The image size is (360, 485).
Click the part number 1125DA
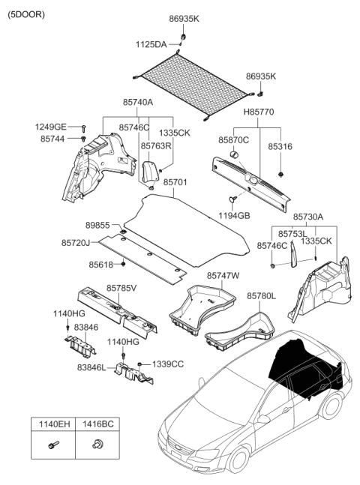coord(151,45)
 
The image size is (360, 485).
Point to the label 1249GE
coord(50,127)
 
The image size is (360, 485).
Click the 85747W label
coord(223,276)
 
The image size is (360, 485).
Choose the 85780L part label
coord(261,296)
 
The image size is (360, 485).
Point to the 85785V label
coord(121,287)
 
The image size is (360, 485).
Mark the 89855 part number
coord(77,224)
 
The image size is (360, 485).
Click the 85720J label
coord(76,243)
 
